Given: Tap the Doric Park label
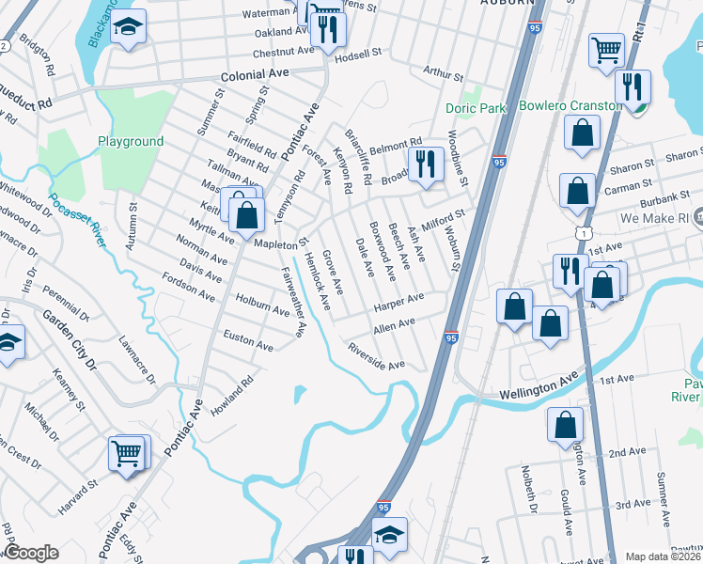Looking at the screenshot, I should point(476,109).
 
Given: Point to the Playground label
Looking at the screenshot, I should point(131,142).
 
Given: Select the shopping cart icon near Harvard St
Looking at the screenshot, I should point(128,455).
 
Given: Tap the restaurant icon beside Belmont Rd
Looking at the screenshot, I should point(428,164).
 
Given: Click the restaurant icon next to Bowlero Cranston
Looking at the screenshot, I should point(634,87).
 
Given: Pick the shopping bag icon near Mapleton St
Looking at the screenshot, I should point(246,214).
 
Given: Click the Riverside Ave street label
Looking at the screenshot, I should point(376,356).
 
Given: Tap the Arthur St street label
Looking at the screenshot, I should point(444,73).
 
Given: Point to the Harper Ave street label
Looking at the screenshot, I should point(398,303).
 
